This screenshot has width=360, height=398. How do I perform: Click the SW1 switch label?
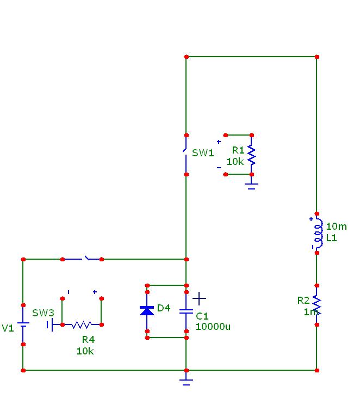click(x=203, y=153)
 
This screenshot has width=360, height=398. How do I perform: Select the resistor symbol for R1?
click(x=251, y=155)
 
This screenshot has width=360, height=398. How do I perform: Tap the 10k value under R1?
click(x=235, y=162)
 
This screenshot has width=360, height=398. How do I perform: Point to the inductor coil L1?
click(x=318, y=234)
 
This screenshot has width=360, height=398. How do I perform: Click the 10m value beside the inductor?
click(x=336, y=226)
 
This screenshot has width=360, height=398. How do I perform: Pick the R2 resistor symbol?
click(x=317, y=305)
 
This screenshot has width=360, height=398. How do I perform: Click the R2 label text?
click(x=303, y=301)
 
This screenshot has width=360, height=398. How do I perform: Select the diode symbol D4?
click(x=147, y=310)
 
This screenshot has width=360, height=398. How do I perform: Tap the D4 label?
click(x=163, y=309)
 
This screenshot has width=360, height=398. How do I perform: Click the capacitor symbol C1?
click(x=186, y=311)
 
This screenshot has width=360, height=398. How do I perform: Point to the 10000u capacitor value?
click(x=213, y=327)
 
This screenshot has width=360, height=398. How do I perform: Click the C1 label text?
click(x=202, y=316)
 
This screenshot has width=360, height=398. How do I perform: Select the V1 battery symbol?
click(x=23, y=324)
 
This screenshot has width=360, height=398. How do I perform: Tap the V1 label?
click(x=8, y=328)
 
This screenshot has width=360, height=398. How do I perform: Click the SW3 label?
click(x=43, y=313)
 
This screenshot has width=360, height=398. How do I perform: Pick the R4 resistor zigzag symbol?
click(x=82, y=324)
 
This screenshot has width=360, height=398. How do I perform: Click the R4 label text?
click(x=88, y=340)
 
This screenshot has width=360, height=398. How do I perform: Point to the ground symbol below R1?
click(x=251, y=185)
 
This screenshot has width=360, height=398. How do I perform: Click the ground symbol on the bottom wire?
click(x=186, y=379)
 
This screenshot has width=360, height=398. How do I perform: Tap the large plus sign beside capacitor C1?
click(x=200, y=298)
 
